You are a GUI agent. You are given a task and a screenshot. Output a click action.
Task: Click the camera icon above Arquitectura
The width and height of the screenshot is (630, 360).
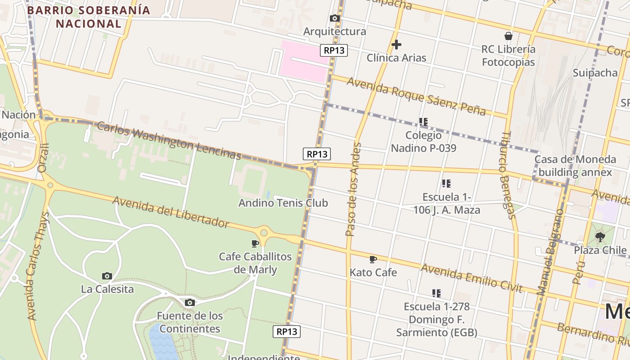click(334, 18)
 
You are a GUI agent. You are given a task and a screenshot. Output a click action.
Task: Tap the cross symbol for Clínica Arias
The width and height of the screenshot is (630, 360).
click(396, 45)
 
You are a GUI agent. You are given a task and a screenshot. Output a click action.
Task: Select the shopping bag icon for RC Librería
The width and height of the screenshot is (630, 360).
click(508, 36)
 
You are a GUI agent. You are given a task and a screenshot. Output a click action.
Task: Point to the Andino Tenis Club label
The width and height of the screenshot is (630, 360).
click(283, 203)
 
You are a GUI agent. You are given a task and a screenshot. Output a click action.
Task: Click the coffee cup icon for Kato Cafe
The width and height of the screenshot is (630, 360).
click(373, 259)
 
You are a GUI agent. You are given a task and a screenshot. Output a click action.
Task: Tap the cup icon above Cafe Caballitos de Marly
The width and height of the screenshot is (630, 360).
click(255, 243)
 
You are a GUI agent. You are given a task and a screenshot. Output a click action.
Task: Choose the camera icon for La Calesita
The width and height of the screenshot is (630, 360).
click(107, 276)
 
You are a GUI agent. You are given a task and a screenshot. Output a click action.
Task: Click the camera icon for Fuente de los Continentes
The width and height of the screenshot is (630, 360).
click(190, 302)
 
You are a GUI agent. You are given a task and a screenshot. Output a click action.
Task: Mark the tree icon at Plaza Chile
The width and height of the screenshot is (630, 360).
click(600, 237)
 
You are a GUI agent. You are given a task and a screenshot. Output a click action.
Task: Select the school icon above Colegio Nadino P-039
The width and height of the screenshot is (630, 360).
click(423, 121)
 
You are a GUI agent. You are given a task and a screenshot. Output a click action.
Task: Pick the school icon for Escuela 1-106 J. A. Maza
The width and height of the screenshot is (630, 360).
click(446, 183)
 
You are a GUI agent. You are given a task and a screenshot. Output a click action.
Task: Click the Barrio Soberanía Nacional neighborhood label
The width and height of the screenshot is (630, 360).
click(89, 17)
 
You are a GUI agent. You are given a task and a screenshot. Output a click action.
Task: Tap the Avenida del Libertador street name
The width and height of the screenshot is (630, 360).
click(171, 211)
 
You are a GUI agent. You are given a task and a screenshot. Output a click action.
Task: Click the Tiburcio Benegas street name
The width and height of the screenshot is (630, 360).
click(508, 175)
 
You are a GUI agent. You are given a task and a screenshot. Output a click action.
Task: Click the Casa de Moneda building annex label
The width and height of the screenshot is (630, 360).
click(575, 166)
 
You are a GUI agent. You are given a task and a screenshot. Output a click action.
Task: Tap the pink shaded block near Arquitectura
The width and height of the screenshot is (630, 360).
click(302, 61)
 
